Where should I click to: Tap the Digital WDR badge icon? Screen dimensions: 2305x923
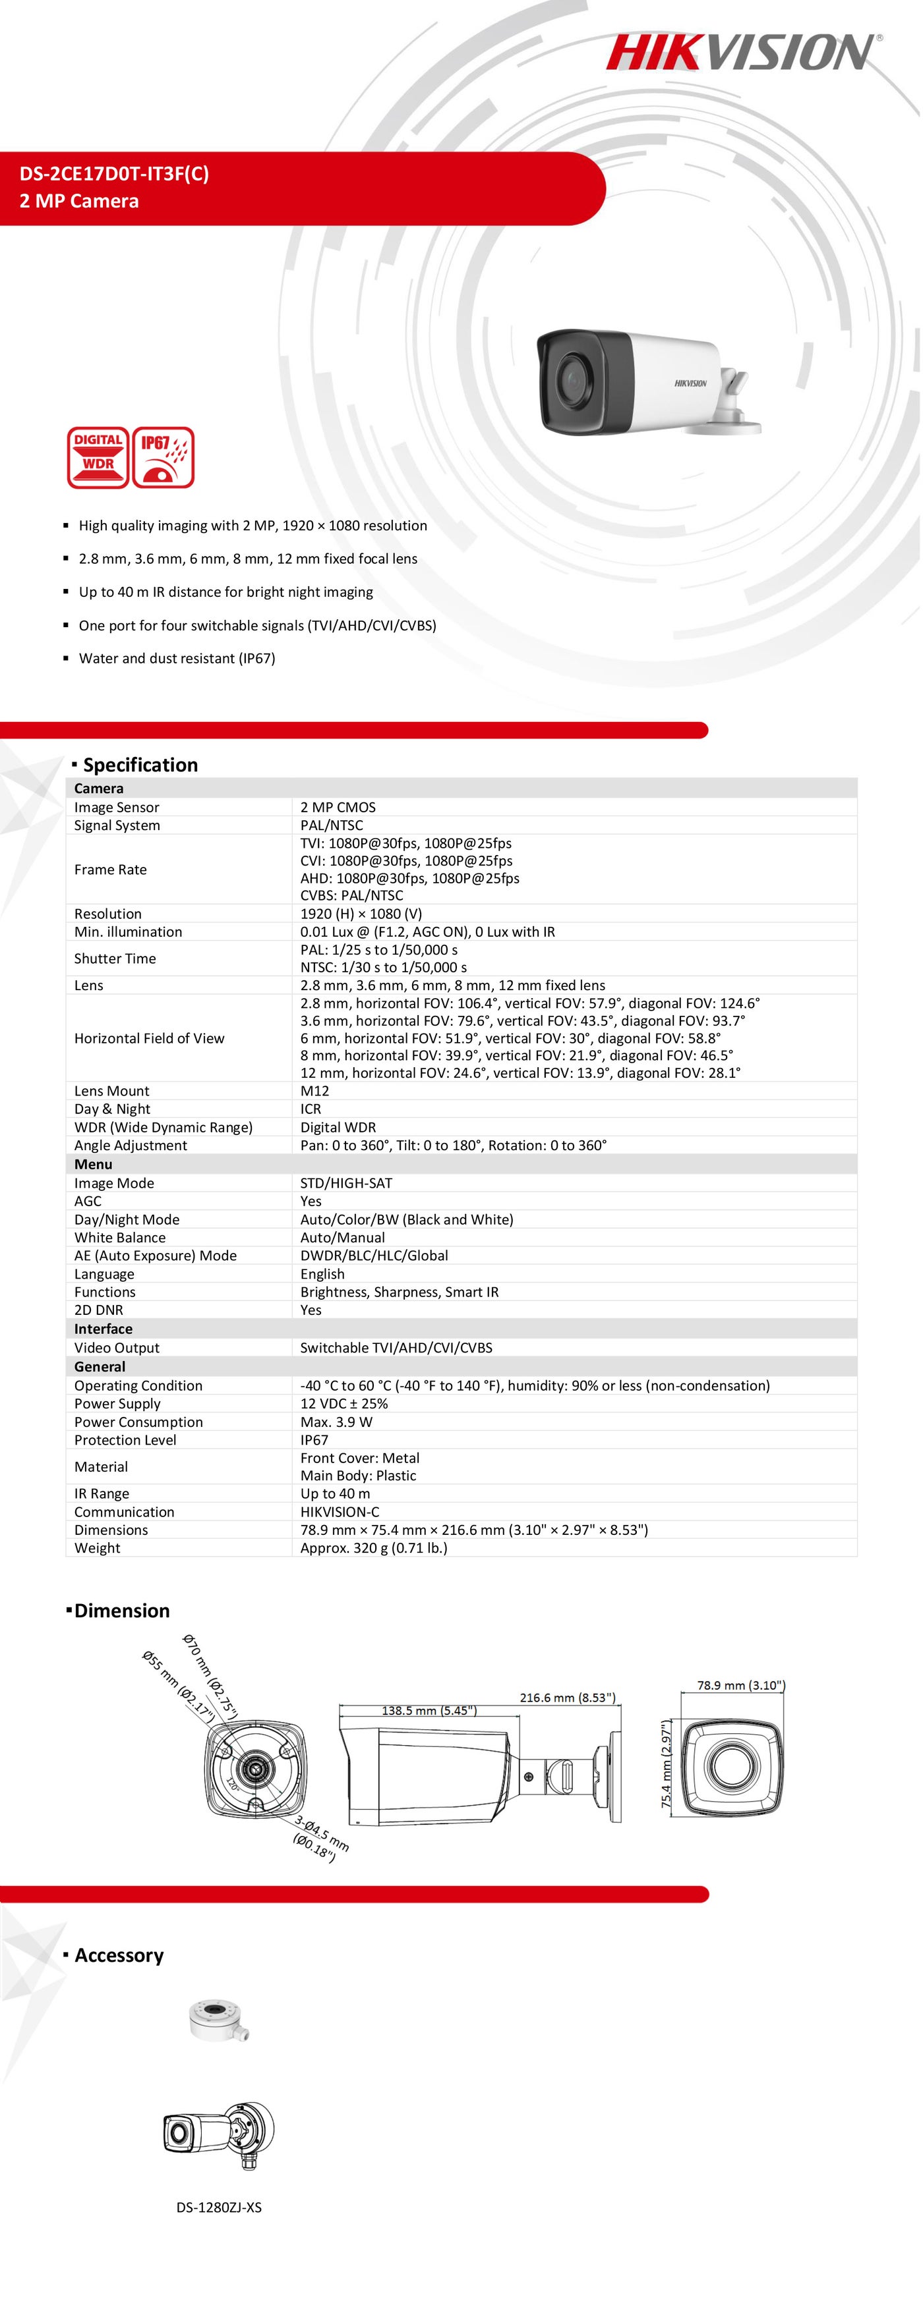coord(98,457)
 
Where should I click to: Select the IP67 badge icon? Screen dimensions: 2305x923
coord(164,457)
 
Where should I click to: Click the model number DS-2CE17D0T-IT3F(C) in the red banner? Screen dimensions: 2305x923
coord(115,174)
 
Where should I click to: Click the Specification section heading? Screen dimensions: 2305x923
coord(140,765)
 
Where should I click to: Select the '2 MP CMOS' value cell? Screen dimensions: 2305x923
coord(338,807)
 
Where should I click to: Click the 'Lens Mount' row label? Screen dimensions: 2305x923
coord(112,1091)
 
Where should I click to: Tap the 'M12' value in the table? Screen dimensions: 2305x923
coord(314,1091)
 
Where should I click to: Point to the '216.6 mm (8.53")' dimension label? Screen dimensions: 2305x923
coord(568,1698)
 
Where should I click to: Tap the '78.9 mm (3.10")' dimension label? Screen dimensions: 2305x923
coord(740,1685)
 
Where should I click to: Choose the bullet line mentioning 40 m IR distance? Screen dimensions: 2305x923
coord(225,592)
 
